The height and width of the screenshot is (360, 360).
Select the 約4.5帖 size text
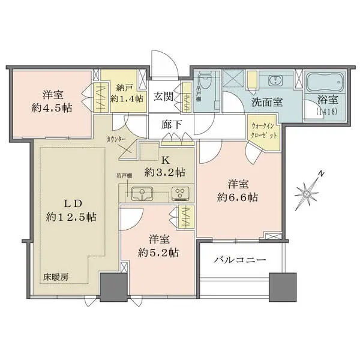click(50, 109)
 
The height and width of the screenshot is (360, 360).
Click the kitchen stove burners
click(180, 193)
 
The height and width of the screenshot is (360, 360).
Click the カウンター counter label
click(118, 139)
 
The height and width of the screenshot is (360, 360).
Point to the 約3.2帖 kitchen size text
click(164, 172)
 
